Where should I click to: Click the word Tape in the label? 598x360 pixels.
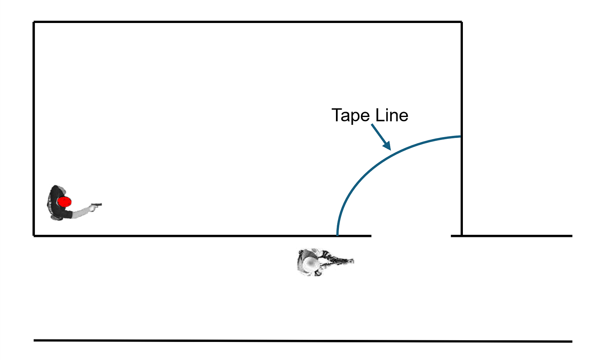pyautogui.click(x=350, y=115)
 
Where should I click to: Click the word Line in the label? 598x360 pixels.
pyautogui.click(x=392, y=115)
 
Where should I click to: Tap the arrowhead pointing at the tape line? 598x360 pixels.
pyautogui.click(x=386, y=145)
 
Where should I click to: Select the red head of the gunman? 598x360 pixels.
pyautogui.click(x=64, y=202)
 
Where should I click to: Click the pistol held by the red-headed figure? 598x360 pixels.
pyautogui.click(x=97, y=204)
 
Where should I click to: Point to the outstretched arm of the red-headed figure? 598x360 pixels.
pyautogui.click(x=82, y=211)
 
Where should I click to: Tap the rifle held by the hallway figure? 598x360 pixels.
pyautogui.click(x=339, y=260)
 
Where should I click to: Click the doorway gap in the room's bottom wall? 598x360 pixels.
pyautogui.click(x=411, y=236)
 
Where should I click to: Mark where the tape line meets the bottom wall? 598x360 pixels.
pyautogui.click(x=337, y=235)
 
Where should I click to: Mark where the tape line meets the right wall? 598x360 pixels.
pyautogui.click(x=461, y=136)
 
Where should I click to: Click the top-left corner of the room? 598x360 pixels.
pyautogui.click(x=34, y=22)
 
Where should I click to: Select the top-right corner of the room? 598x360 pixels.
pyautogui.click(x=462, y=22)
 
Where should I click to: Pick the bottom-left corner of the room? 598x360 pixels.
pyautogui.click(x=34, y=236)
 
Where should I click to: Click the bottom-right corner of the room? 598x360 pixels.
pyautogui.click(x=462, y=236)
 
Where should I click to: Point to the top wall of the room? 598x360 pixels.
pyautogui.click(x=246, y=22)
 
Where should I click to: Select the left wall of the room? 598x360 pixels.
pyautogui.click(x=34, y=123)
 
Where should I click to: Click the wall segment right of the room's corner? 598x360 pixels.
pyautogui.click(x=517, y=236)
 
